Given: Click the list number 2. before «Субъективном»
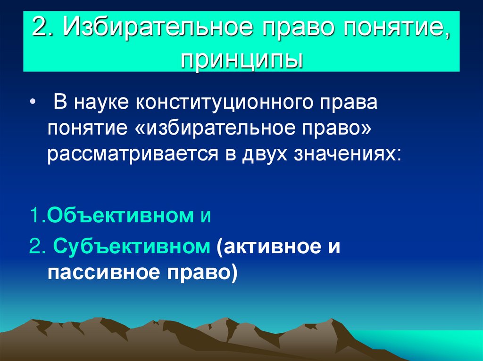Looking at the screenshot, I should tap(38, 247).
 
